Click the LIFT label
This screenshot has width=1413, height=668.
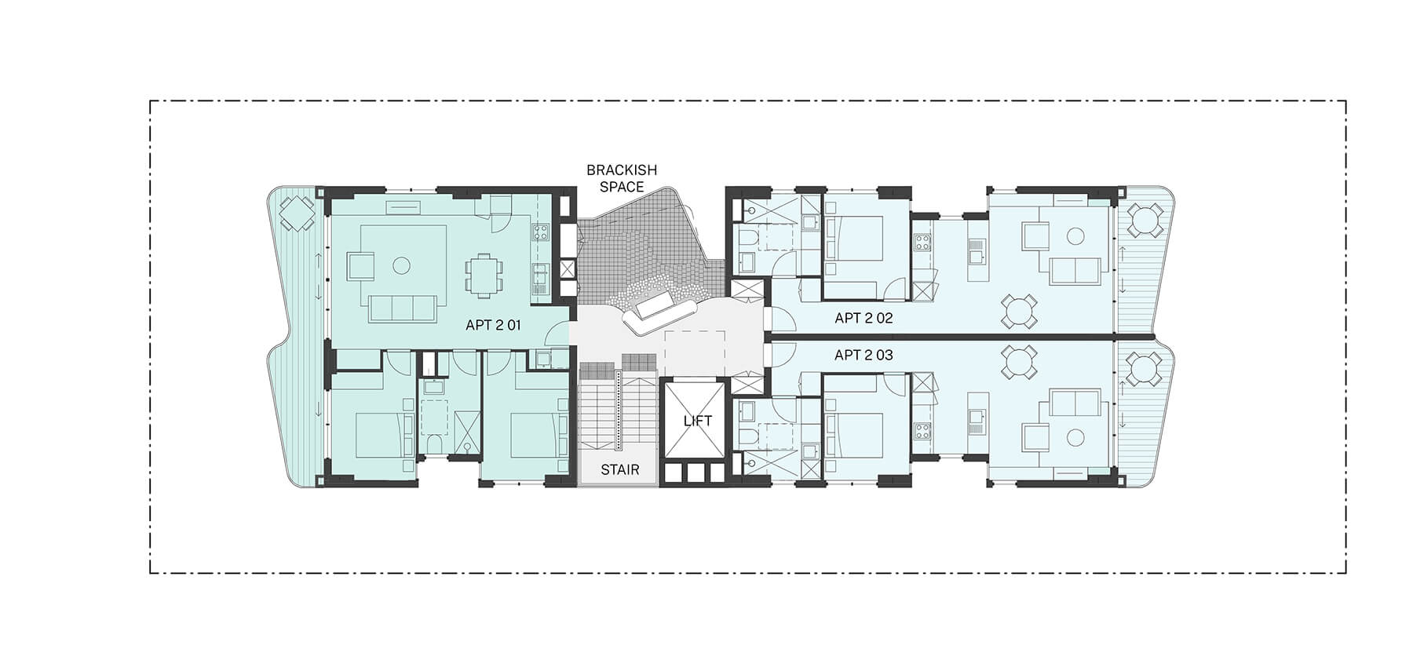pos(697,422)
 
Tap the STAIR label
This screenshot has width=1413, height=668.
pos(619,470)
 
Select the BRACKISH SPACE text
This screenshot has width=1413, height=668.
pos(621,178)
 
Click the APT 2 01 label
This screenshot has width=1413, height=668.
pos(493,324)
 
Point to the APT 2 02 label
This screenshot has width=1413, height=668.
pos(863,318)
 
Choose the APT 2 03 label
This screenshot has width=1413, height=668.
pos(863,355)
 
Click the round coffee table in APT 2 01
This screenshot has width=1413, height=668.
pos(401,266)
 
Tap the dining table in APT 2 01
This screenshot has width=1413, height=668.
pos(482,275)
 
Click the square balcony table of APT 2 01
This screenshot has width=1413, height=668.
pos(297,212)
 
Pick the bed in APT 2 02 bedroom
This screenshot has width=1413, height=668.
pos(854,238)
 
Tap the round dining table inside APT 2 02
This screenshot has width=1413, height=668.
pos(1018,310)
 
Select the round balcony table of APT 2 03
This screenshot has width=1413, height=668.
pos(1144,368)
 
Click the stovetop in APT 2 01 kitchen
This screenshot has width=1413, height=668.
pos(540,232)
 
